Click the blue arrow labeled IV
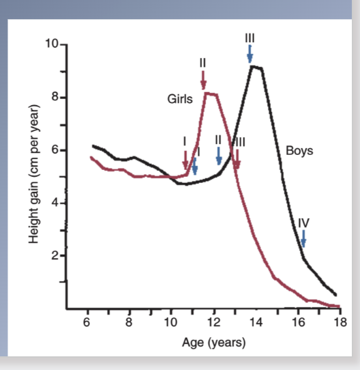click(303, 238)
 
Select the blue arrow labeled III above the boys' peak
click(250, 52)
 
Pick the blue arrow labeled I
click(194, 165)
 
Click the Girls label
click(181, 99)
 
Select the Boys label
click(299, 151)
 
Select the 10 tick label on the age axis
click(170, 323)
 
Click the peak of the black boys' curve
click(254, 66)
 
